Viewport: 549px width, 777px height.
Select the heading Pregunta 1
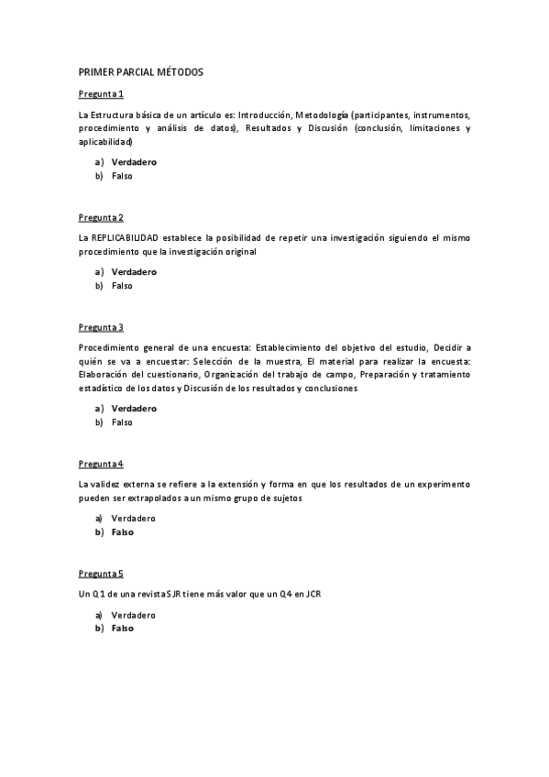[101, 93]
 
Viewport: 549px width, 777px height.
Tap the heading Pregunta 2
[101, 217]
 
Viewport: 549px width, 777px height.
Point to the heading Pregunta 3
[101, 327]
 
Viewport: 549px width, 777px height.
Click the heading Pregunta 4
[101, 464]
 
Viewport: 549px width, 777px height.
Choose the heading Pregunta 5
[101, 574]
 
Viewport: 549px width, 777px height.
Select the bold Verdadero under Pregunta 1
[134, 162]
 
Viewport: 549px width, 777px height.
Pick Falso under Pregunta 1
[122, 176]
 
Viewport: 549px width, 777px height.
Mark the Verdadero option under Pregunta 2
[134, 272]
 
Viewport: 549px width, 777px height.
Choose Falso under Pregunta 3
[122, 422]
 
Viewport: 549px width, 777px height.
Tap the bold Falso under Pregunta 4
[123, 532]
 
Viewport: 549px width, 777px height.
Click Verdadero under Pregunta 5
[134, 615]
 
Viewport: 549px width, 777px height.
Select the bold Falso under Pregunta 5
[123, 629]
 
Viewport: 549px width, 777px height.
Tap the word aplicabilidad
[105, 142]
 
